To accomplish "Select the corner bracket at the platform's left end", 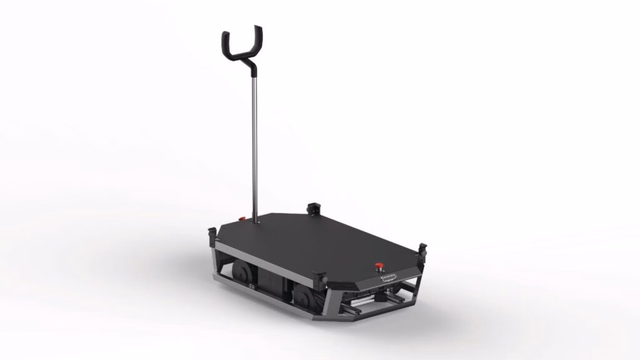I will (212, 237).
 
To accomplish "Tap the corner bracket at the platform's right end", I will (422, 251).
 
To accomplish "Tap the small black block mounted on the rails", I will (379, 299).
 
